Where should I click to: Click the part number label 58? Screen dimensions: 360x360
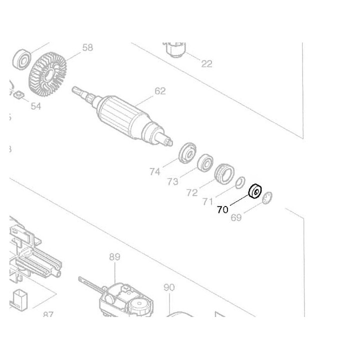87,47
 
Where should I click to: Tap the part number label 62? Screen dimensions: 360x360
160,91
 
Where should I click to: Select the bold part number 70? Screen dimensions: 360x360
222,209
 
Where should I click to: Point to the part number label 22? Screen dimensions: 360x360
206,63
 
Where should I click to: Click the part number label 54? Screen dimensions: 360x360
35,106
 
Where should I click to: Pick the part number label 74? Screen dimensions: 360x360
154,171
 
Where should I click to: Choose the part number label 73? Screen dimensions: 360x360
172,182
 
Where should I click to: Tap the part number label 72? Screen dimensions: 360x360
191,192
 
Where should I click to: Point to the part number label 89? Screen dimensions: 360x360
114,257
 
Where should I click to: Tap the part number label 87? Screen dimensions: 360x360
48,314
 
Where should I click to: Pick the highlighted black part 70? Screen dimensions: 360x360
256,191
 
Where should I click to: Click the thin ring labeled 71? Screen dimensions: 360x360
239,181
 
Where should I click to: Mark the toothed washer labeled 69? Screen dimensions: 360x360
267,197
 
